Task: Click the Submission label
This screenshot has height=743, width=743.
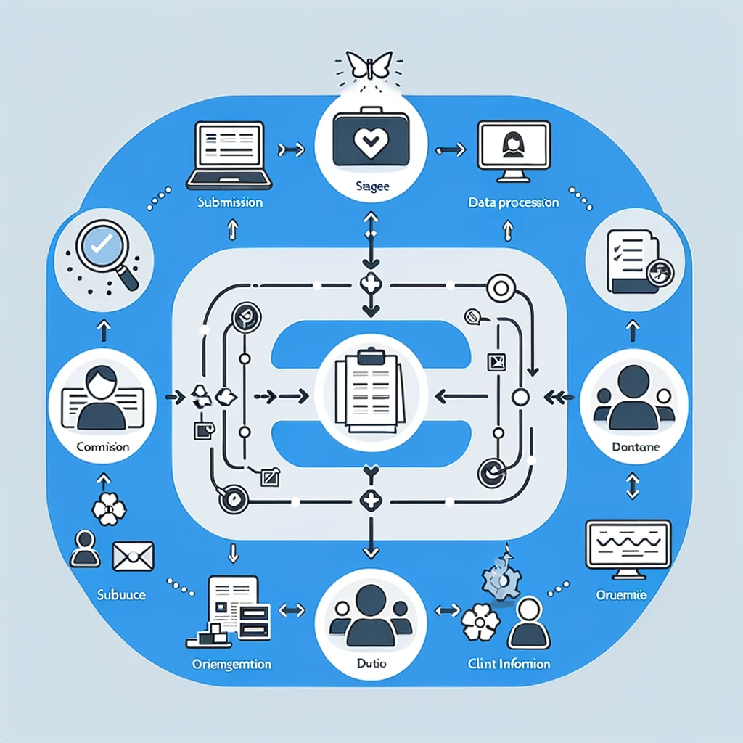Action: pyautogui.click(x=230, y=202)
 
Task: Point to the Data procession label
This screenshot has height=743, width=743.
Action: pyautogui.click(x=513, y=202)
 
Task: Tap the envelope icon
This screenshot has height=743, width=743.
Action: pyautogui.click(x=133, y=557)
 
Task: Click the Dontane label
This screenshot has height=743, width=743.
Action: pyautogui.click(x=636, y=448)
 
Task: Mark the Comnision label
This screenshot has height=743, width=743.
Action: pyautogui.click(x=102, y=447)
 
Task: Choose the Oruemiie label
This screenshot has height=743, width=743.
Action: pyautogui.click(x=622, y=595)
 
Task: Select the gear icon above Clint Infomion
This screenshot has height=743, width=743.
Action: pyautogui.click(x=501, y=577)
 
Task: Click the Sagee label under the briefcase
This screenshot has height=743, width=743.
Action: pyautogui.click(x=371, y=186)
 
